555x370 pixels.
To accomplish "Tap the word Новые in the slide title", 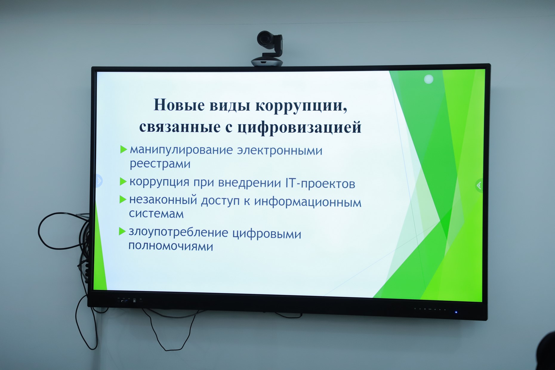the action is (x=179, y=105).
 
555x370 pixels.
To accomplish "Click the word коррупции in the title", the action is (x=301, y=106).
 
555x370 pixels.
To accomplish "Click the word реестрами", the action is (x=160, y=164).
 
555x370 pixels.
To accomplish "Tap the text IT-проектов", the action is (x=320, y=183).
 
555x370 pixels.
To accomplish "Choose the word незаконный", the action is (x=163, y=200).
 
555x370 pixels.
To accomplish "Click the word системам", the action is (x=156, y=214).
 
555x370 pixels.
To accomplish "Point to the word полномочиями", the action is (x=171, y=246).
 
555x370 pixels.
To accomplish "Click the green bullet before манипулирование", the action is (x=124, y=149).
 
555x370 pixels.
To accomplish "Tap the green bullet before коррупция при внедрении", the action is (x=123, y=181).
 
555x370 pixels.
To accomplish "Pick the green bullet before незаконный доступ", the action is (x=123, y=199).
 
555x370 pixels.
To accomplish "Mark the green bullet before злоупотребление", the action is (x=122, y=231).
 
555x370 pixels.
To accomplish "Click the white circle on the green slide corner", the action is (x=428, y=79).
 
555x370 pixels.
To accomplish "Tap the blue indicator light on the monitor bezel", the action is (x=456, y=312).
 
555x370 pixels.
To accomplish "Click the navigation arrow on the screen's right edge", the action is (x=479, y=186).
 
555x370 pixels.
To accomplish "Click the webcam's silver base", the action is (x=267, y=62).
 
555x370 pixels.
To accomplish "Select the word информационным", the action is (x=308, y=202).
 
